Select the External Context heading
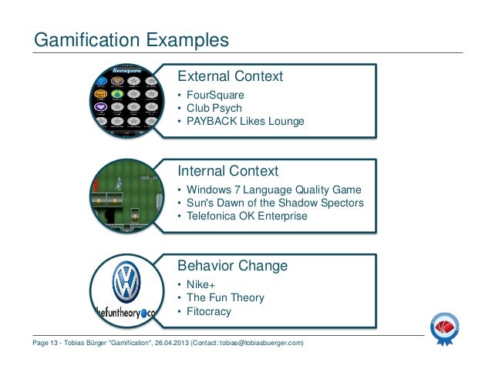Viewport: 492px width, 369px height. tap(231, 77)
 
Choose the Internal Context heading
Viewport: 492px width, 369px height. tap(228, 170)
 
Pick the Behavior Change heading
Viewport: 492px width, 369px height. tap(233, 266)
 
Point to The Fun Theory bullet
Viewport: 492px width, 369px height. tap(224, 298)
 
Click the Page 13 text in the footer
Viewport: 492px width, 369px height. tap(47, 342)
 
